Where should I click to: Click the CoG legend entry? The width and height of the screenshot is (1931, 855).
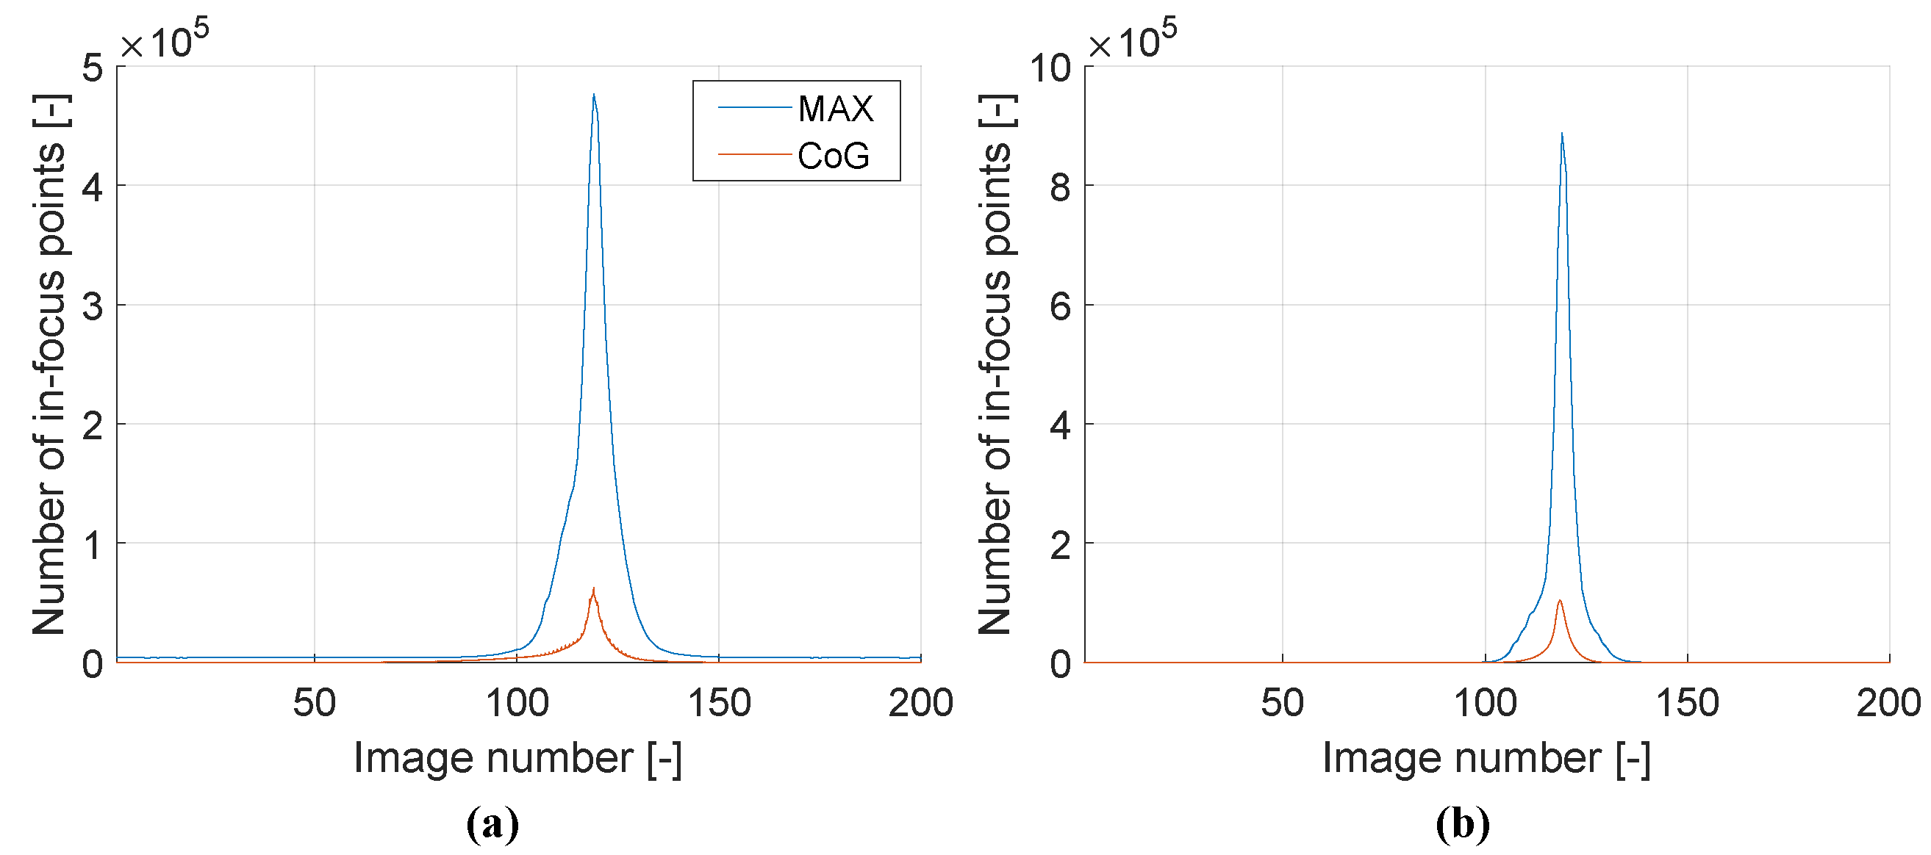pyautogui.click(x=832, y=156)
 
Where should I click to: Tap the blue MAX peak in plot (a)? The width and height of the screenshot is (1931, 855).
pyautogui.click(x=594, y=96)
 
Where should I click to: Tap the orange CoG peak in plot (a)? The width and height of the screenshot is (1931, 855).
pyautogui.click(x=594, y=590)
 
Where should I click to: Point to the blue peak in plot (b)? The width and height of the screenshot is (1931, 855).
pyautogui.click(x=1561, y=135)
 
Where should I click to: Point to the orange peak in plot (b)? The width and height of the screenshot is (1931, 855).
pyautogui.click(x=1560, y=601)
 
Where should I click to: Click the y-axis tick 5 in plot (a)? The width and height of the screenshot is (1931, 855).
pyautogui.click(x=93, y=68)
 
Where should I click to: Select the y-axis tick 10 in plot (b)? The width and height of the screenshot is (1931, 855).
pyautogui.click(x=1050, y=68)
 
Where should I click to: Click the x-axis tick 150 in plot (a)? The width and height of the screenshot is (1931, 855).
pyautogui.click(x=719, y=703)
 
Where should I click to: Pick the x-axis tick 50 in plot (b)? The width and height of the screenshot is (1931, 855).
pyautogui.click(x=1282, y=703)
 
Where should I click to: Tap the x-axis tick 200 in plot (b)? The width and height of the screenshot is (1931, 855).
pyautogui.click(x=1888, y=703)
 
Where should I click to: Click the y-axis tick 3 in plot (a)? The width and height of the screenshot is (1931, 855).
pyautogui.click(x=93, y=306)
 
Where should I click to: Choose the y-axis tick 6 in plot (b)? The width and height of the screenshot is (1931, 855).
pyautogui.click(x=1060, y=306)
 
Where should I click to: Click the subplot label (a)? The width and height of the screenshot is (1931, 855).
pyautogui.click(x=492, y=824)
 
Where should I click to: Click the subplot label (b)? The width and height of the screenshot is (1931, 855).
pyautogui.click(x=1463, y=824)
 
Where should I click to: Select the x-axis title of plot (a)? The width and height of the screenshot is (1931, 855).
pyautogui.click(x=518, y=757)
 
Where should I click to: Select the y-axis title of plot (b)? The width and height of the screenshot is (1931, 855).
pyautogui.click(x=995, y=365)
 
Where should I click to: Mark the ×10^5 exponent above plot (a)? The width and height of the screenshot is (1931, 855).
pyautogui.click(x=165, y=41)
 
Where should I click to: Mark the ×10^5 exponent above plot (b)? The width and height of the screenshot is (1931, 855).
pyautogui.click(x=1132, y=41)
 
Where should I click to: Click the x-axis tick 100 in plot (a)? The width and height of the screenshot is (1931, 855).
pyautogui.click(x=517, y=703)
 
